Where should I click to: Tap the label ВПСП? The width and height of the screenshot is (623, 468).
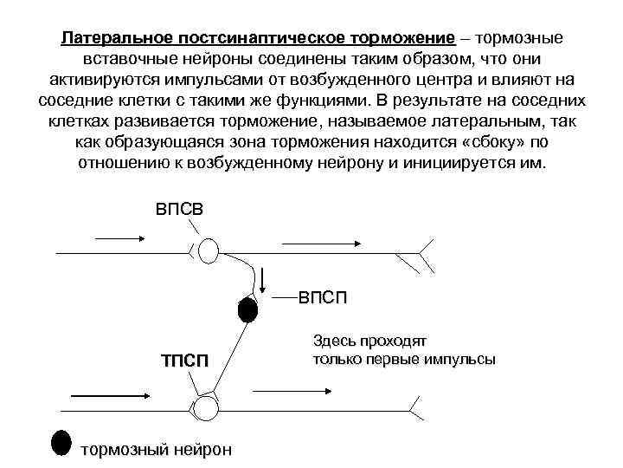click(x=323, y=298)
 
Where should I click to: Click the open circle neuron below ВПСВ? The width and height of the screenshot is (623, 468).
click(x=209, y=250)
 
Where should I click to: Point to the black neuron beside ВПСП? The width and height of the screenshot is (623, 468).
click(x=247, y=309)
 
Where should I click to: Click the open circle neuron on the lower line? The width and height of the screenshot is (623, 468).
click(x=206, y=406)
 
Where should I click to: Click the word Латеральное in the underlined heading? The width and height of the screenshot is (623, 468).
click(x=115, y=40)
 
